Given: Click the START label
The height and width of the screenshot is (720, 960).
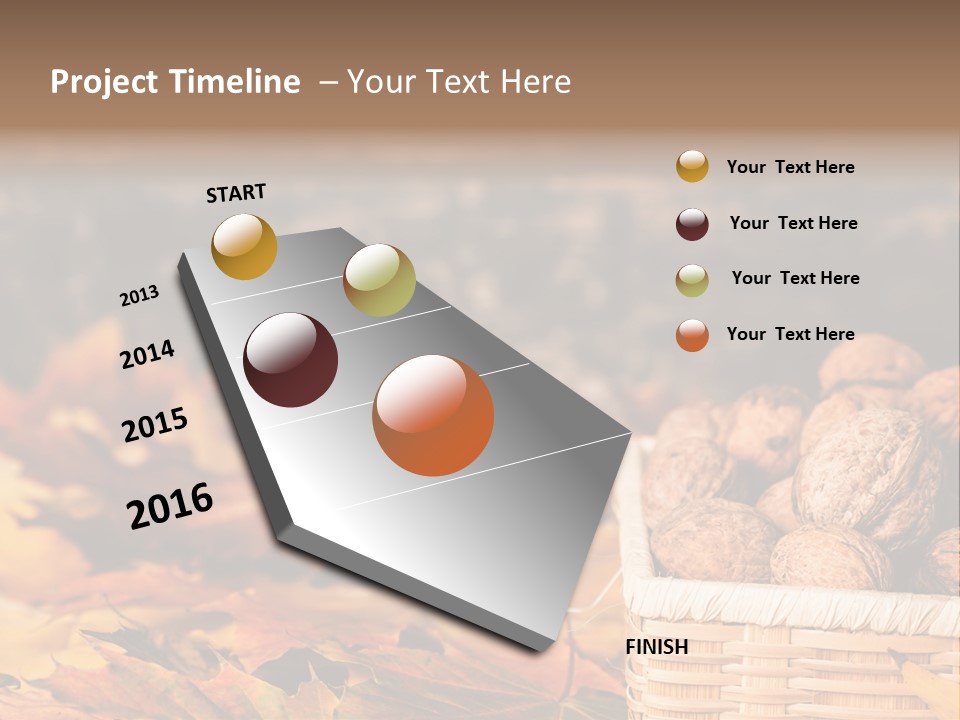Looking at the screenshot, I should pos(236,193).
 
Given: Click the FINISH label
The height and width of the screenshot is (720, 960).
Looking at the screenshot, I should pos(657,647).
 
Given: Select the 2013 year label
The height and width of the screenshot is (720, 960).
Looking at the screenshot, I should pos(140,296).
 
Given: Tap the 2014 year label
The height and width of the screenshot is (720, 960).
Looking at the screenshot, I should pos(148,354).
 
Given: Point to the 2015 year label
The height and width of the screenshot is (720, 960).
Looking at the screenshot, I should pos(155,425).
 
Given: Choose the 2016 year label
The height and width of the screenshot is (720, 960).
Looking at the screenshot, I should pos(170,505).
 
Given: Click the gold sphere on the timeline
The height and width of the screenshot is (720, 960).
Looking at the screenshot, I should pos(244,246).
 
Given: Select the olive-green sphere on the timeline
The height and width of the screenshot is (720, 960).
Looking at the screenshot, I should pos(379,280).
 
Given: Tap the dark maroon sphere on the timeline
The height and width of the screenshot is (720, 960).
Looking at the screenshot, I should pos(291,360).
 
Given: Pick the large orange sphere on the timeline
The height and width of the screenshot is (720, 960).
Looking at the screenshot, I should pos(433,415).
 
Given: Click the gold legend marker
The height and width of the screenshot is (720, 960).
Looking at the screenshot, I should pos(692,166).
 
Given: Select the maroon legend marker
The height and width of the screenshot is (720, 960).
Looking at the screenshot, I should pos(692,224).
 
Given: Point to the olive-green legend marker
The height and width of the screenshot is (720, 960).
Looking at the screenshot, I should pos(692,280).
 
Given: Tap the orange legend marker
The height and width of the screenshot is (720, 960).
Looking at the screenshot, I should pos(692,335).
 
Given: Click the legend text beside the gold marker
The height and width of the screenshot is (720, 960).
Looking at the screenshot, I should pos(790,167).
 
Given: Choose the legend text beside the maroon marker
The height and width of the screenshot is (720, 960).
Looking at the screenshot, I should pos(793,223).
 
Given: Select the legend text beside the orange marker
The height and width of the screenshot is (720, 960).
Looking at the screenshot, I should pos(790,334).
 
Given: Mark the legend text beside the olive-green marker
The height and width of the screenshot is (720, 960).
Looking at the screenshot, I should pos(795,278).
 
